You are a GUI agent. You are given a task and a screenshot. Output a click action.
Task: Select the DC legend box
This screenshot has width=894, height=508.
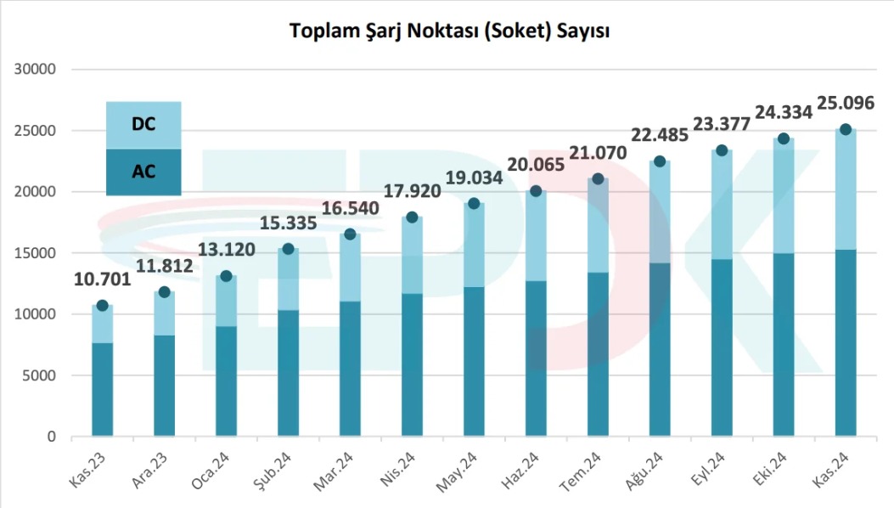pyautogui.click(x=143, y=125)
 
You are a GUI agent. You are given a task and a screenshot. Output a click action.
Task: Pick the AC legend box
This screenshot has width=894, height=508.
pyautogui.click(x=143, y=172)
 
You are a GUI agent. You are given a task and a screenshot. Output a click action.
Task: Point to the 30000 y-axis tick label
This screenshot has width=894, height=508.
pyautogui.click(x=35, y=70)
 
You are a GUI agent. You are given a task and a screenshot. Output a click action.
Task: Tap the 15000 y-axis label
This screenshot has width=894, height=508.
pyautogui.click(x=35, y=253)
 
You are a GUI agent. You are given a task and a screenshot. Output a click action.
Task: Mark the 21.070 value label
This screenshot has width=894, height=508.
pyautogui.click(x=598, y=153)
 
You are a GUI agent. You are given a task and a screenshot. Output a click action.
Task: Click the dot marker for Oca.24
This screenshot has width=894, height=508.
pyautogui.click(x=226, y=276)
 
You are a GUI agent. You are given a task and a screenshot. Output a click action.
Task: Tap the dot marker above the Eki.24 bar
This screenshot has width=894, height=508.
pyautogui.click(x=784, y=138)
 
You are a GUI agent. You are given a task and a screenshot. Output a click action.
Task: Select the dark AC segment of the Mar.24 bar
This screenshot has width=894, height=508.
pyautogui.click(x=350, y=369)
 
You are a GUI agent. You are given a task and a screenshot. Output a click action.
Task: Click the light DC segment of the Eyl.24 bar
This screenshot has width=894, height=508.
pyautogui.click(x=722, y=205)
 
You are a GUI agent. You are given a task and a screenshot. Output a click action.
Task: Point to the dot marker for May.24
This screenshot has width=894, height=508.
pyautogui.click(x=474, y=203)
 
